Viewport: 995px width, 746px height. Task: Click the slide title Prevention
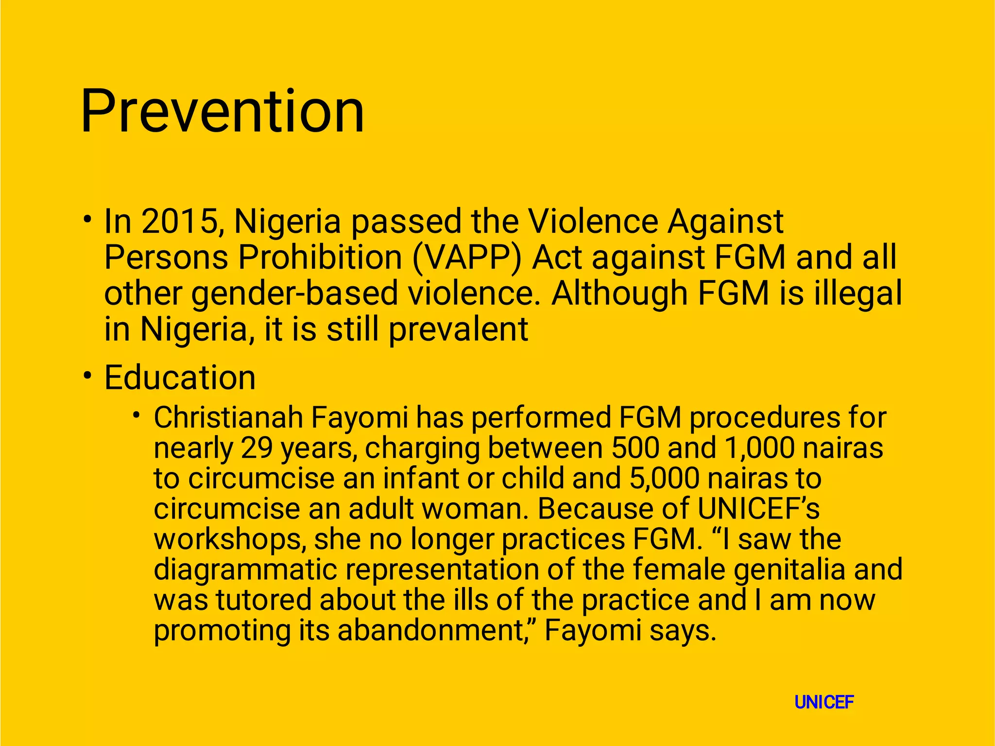coord(222,112)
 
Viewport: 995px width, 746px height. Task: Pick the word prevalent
coord(458,330)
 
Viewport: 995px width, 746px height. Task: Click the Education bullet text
coord(180,378)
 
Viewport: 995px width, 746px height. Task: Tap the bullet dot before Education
coord(87,375)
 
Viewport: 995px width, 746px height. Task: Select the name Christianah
coord(228,417)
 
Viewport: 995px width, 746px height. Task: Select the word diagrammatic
coord(245,569)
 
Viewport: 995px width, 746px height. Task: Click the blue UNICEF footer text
coord(824,702)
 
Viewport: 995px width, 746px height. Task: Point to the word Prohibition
coord(320,257)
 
